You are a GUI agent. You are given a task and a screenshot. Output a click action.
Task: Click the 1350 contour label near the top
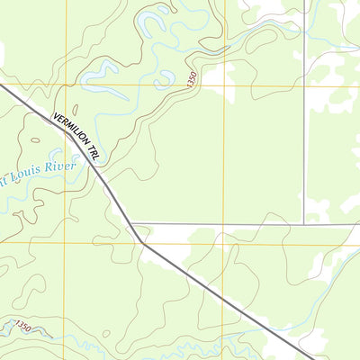tap(192, 79)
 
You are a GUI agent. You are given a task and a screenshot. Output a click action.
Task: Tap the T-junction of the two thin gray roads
tap(304, 223)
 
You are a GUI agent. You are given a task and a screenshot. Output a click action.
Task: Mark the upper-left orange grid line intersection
tap(65, 85)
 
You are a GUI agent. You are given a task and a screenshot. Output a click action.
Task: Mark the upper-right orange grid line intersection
tap(225, 85)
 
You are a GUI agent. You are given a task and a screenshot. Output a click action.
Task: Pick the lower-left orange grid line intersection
tap(65, 242)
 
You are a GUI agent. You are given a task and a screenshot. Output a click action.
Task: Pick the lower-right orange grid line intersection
tap(225, 242)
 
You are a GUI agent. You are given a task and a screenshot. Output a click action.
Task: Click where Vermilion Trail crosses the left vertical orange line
tap(65, 133)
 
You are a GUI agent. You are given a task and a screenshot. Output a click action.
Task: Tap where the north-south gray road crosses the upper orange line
tap(304, 85)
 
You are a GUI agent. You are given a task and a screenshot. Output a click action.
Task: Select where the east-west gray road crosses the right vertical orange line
tap(225, 224)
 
